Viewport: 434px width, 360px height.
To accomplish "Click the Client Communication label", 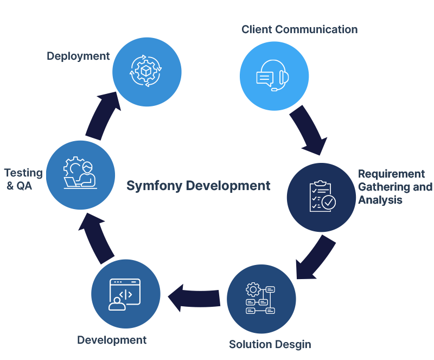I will point(299,29).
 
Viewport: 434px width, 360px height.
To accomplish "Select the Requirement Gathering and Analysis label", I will point(395,187).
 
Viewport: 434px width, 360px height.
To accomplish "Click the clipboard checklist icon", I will point(322,197).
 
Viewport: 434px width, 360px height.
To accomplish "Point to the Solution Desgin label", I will point(270,344).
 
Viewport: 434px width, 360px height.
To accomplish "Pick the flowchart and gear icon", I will point(261,299).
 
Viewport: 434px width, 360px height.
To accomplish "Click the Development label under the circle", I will point(112,340).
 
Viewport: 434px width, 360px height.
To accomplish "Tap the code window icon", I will point(125,294).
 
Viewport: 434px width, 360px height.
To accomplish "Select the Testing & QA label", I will point(23,179).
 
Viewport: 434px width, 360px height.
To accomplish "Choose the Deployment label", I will point(78,56).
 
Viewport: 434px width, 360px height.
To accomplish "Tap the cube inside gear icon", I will point(146,71).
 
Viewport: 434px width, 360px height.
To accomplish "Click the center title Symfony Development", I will point(198,186).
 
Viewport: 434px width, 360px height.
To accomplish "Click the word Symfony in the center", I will point(153,186).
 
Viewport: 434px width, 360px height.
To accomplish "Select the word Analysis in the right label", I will point(380,200).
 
